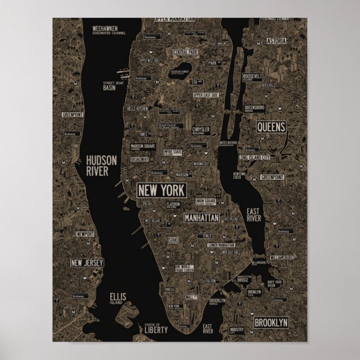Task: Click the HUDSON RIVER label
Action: click(101, 165)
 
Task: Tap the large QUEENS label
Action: click(271, 127)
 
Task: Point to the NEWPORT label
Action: click(86, 234)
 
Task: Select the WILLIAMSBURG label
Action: click(281, 258)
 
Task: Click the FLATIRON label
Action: click(173, 205)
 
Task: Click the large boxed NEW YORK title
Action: click(161, 190)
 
